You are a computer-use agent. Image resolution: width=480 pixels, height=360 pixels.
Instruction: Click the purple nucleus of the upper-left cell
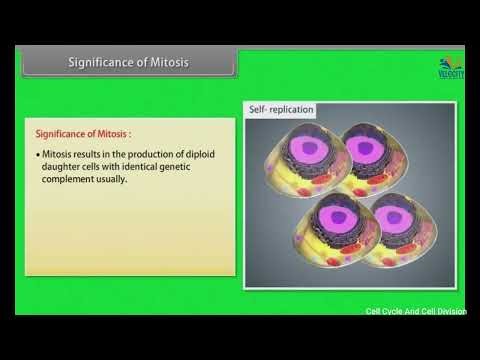point(313,153)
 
